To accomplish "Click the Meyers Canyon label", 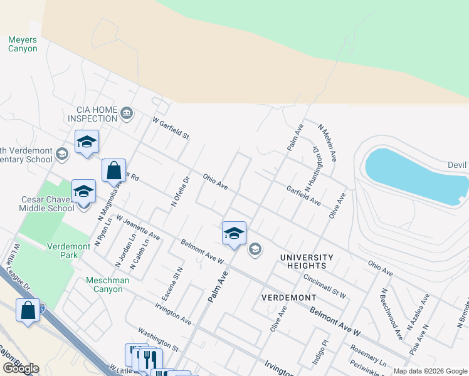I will click(23, 44).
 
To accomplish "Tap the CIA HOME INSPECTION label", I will click(93, 114).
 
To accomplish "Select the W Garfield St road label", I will click(171, 128).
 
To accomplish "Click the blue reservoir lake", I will click(414, 176).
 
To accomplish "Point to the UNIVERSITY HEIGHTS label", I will click(307, 262).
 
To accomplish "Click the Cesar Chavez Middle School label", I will click(44, 204).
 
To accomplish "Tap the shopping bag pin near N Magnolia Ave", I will click(113, 170).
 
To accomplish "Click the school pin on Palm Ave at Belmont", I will click(234, 234).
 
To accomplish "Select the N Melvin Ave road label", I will click(328, 144).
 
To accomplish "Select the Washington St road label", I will click(159, 340).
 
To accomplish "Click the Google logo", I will click(21, 368).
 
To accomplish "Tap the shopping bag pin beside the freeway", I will click(28, 310).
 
